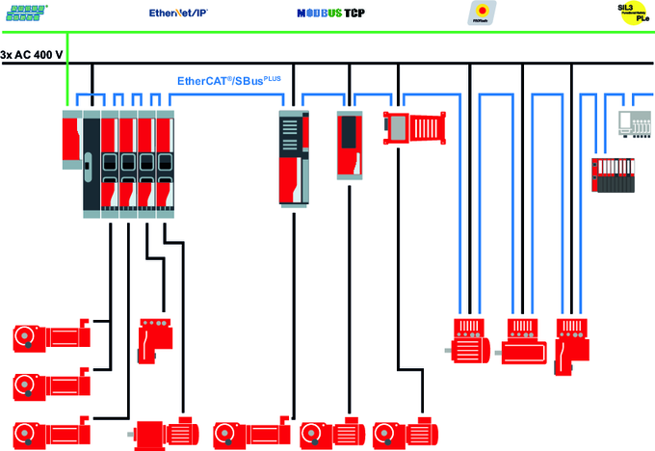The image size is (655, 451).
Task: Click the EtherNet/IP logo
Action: point(179,13)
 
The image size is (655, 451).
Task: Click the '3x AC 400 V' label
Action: point(32,54)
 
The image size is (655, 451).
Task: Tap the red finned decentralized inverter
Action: point(415,126)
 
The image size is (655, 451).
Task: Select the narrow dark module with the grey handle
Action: point(91,159)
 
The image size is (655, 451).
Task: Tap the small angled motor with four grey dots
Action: point(154,337)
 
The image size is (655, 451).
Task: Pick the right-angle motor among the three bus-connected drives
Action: point(572,343)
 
